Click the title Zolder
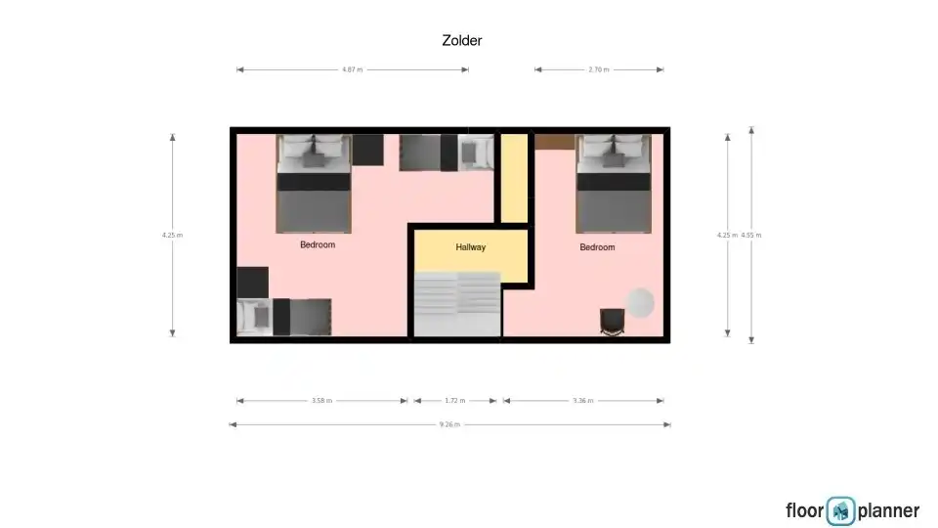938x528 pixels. click(462, 41)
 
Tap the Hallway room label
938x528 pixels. click(470, 247)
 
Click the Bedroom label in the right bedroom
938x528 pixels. click(597, 247)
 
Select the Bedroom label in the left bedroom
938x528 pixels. click(317, 244)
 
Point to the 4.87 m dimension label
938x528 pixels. click(353, 69)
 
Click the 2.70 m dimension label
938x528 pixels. click(599, 69)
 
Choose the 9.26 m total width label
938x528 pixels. click(449, 424)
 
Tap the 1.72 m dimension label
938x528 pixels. click(454, 401)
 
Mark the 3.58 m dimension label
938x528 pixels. click(321, 401)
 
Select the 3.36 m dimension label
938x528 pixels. click(583, 401)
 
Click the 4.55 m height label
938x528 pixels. click(751, 236)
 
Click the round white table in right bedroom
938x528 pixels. click(640, 303)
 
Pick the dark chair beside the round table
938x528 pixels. click(612, 322)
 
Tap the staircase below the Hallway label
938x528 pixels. click(457, 304)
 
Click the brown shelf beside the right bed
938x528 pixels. click(555, 142)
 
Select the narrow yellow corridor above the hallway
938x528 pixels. click(514, 178)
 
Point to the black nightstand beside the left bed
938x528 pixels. click(368, 150)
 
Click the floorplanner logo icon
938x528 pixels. click(840, 511)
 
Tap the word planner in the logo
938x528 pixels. click(888, 511)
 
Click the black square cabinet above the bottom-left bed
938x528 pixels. click(252, 283)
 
